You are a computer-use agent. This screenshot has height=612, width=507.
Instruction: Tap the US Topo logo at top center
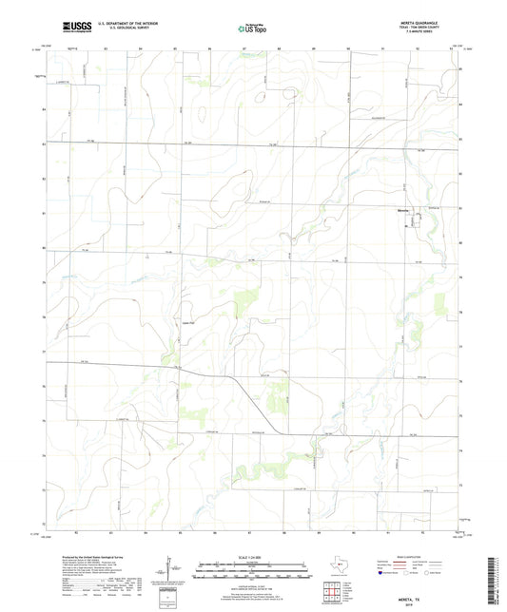point(248,30)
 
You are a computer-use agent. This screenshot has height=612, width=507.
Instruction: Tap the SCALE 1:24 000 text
point(252,557)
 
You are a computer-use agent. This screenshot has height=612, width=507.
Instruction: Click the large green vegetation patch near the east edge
point(439,303)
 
